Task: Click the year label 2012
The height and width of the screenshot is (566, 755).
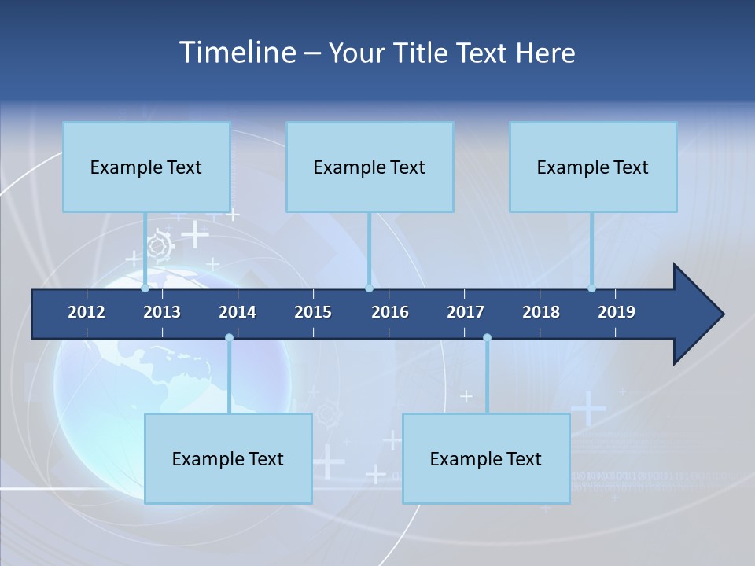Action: [87, 312]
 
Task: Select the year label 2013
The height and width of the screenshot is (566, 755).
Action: [162, 312]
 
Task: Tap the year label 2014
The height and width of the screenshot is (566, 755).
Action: [238, 312]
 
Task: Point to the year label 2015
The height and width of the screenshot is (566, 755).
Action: [313, 312]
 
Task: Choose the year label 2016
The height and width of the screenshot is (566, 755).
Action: [390, 312]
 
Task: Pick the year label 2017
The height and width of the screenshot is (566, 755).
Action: [466, 312]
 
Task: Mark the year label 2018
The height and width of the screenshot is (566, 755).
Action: [541, 312]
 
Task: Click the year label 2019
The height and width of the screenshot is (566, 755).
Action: [617, 312]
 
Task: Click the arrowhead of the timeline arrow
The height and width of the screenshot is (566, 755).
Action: [697, 314]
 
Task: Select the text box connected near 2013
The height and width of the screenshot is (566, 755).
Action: [146, 167]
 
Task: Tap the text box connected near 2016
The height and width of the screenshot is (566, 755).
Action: [370, 167]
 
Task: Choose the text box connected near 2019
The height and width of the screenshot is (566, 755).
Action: [593, 167]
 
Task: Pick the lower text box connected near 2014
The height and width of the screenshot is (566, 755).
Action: [228, 458]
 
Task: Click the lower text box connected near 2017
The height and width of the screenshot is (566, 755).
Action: [486, 458]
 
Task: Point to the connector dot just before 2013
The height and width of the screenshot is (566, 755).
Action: [145, 289]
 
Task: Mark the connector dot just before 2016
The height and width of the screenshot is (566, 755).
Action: [369, 289]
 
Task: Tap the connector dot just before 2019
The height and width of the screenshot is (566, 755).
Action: [592, 289]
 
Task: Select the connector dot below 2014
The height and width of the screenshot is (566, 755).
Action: [229, 338]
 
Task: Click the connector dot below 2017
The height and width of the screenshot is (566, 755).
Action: [487, 338]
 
